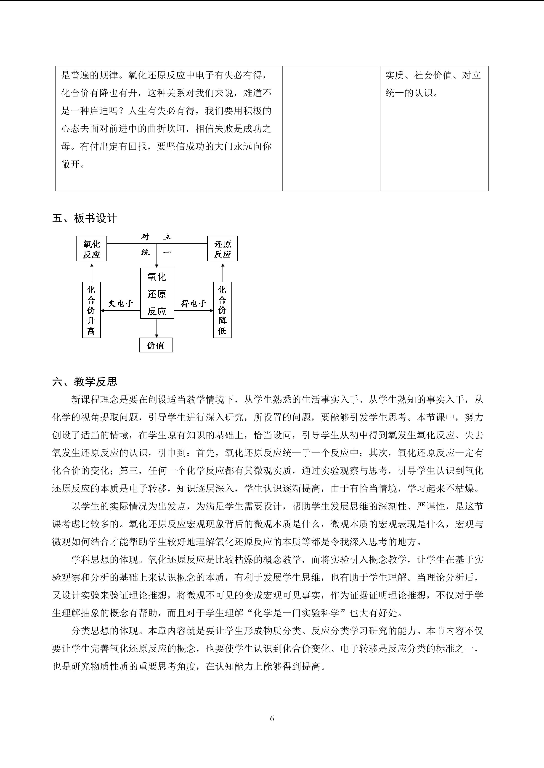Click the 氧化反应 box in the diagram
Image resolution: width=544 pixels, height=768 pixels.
click(x=91, y=249)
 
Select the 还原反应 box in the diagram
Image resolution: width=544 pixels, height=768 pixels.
click(x=223, y=249)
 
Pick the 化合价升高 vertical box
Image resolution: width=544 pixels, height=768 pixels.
click(x=91, y=310)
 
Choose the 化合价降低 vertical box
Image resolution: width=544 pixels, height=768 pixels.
click(x=223, y=310)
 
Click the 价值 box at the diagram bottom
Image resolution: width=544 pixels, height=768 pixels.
click(x=156, y=345)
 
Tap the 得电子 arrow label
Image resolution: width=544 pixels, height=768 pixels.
click(x=194, y=303)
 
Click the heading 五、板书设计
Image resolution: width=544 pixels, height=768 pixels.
click(x=85, y=219)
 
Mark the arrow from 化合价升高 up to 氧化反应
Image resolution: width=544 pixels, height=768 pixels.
click(x=91, y=273)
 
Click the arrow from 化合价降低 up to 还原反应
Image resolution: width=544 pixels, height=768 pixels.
click(x=223, y=273)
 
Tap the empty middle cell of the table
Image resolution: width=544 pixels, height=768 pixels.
click(x=331, y=128)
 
